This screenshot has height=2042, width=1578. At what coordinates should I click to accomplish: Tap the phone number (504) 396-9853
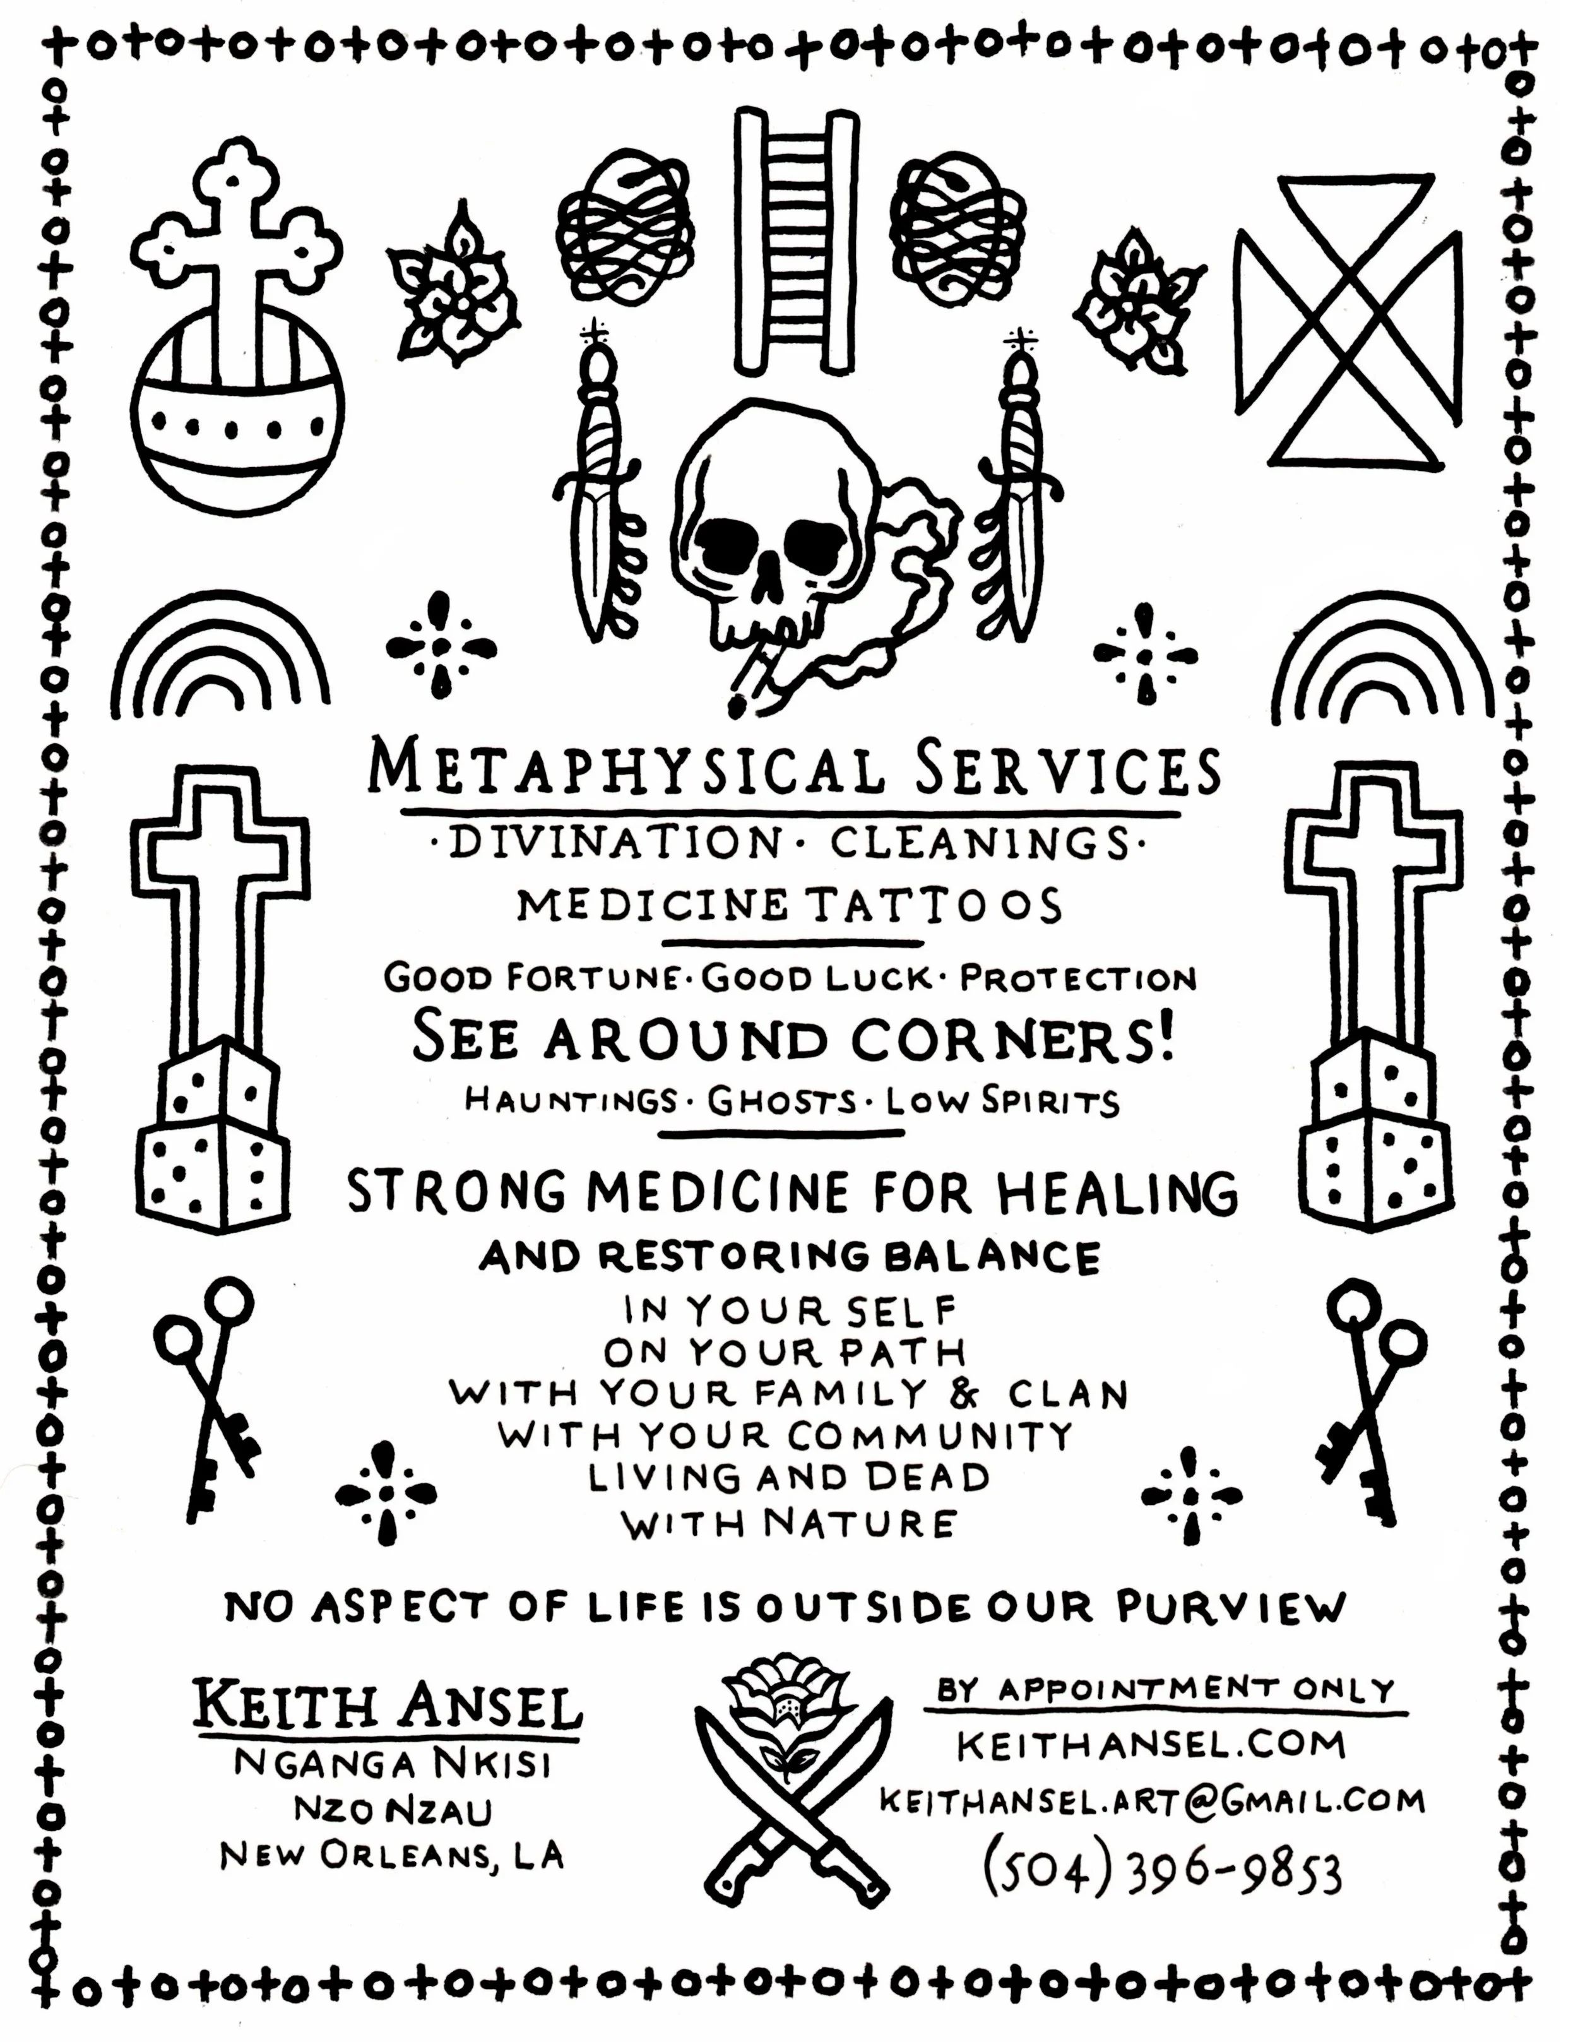coord(1162,1871)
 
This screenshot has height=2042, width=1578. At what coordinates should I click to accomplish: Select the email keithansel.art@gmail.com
coord(1152,1800)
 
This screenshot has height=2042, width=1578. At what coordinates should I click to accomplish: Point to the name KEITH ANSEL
coord(387,1707)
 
